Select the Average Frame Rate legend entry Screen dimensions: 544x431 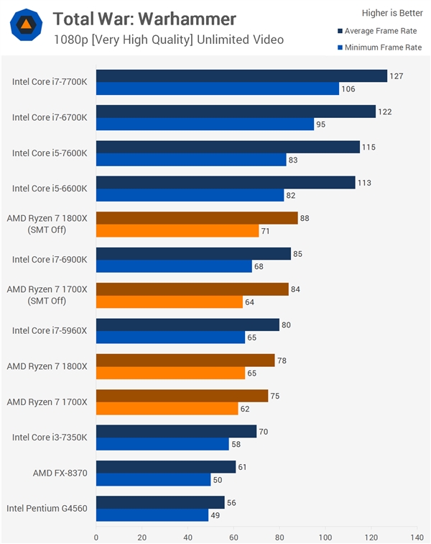pyautogui.click(x=379, y=31)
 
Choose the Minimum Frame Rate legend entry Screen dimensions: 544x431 pyautogui.click(x=379, y=47)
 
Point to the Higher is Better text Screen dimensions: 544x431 pyautogui.click(x=386, y=12)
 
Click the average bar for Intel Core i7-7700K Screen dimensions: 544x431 pyautogui.click(x=241, y=76)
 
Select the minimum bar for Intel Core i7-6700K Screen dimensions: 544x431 pyautogui.click(x=205, y=124)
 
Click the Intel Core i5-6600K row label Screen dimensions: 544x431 pyautogui.click(x=50, y=189)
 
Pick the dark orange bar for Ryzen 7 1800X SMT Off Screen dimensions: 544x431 pyautogui.click(x=196, y=218)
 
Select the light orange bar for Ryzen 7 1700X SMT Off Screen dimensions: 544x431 pyautogui.click(x=169, y=302)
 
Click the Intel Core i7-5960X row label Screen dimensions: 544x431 pyautogui.click(x=50, y=331)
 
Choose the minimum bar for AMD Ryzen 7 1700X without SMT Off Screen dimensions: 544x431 pyautogui.click(x=167, y=409)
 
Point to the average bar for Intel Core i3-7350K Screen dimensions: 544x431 pyautogui.click(x=176, y=431)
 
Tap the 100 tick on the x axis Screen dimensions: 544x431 pyautogui.click(x=325, y=536)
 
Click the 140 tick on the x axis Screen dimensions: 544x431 pyautogui.click(x=416, y=536)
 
